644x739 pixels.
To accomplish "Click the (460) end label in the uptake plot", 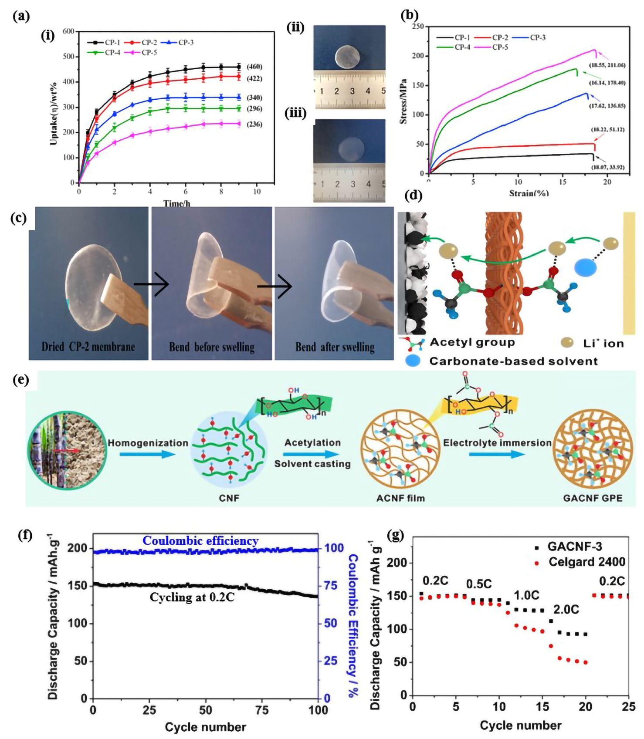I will (x=254, y=67).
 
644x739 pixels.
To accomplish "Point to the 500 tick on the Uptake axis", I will (x=69, y=57).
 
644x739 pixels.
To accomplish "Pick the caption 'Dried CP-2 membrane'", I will (x=88, y=347).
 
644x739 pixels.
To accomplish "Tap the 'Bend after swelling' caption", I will (x=335, y=347).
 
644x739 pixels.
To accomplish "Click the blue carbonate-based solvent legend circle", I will (x=412, y=361).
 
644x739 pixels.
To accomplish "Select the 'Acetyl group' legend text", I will (x=472, y=342).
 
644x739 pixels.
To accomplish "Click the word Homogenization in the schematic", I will (x=148, y=443).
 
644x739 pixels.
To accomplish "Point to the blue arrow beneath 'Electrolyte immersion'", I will (x=497, y=454).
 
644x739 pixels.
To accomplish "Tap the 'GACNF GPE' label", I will (x=593, y=498).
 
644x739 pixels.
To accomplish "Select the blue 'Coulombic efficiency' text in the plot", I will (x=200, y=540).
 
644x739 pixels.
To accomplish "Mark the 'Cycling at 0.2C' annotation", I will (x=192, y=597).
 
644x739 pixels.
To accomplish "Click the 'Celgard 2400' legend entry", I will (x=586, y=562).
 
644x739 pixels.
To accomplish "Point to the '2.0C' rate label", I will (x=566, y=609).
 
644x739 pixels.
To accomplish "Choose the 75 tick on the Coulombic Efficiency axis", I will (x=331, y=586).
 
